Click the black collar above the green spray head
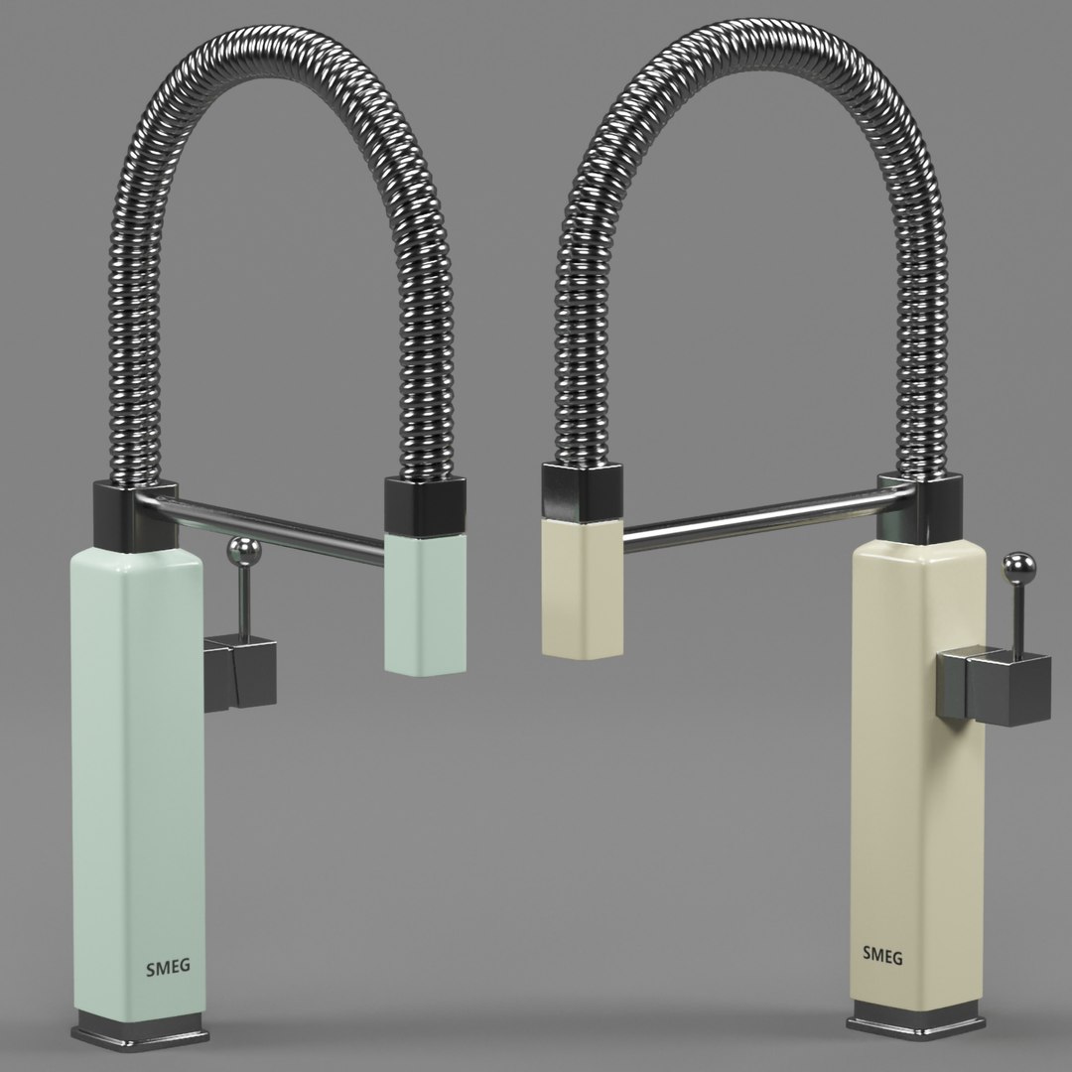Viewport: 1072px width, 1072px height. [x=424, y=505]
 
